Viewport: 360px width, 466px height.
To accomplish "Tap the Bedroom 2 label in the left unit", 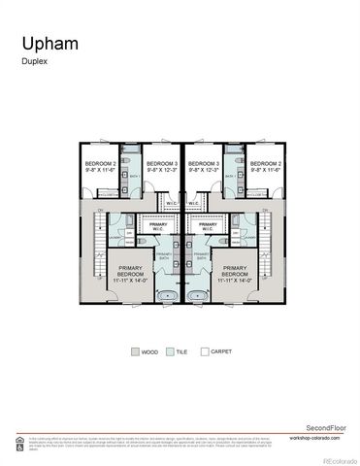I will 100,166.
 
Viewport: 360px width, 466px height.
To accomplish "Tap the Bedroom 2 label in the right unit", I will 265,166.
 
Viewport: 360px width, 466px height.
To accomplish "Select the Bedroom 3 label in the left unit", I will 161,166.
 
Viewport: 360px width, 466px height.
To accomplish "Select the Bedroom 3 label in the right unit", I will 204,166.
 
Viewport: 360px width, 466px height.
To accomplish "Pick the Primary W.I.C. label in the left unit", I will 157,227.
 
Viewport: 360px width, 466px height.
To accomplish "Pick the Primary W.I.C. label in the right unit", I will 208,227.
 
